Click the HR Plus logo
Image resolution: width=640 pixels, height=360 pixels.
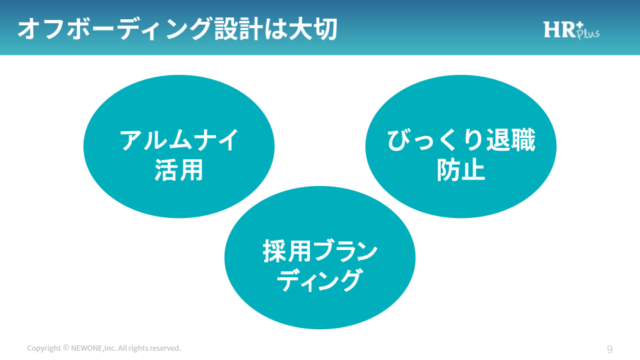[x=571, y=30]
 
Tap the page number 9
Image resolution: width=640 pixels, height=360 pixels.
[x=610, y=349]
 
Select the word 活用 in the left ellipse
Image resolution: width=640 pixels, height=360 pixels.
[x=179, y=171]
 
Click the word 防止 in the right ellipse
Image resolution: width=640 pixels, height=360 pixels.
[x=461, y=171]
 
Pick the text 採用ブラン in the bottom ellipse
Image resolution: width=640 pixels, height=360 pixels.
[x=320, y=252]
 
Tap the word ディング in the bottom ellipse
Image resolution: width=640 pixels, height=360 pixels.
[x=320, y=281]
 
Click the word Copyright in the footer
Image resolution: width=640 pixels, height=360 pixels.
[x=44, y=349]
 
